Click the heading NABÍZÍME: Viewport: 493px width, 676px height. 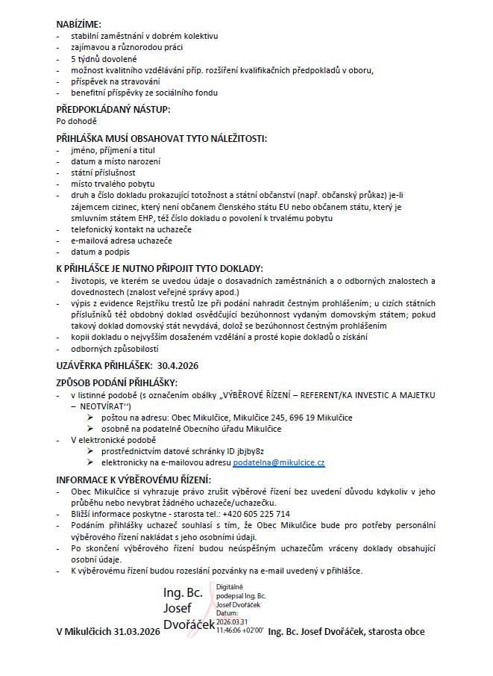point(79,24)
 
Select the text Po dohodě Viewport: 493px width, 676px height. point(77,120)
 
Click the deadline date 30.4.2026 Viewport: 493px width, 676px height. point(179,365)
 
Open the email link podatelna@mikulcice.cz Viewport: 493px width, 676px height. point(279,463)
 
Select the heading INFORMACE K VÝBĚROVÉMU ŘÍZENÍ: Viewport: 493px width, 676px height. point(134,479)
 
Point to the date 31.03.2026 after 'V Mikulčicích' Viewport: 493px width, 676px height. point(137,632)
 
